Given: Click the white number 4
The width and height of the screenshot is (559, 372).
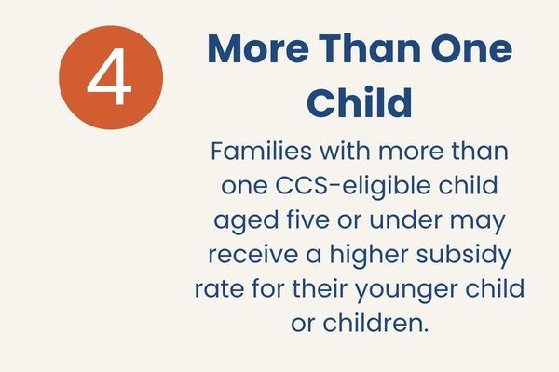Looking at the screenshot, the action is point(109,76).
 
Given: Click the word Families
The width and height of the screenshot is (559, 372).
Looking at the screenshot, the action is point(261,151).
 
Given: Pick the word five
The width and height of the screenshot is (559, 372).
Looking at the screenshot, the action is point(308,220).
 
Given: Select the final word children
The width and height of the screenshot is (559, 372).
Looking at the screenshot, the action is point(375,324).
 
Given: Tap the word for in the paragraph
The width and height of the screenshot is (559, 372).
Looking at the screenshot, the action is point(269,289).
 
